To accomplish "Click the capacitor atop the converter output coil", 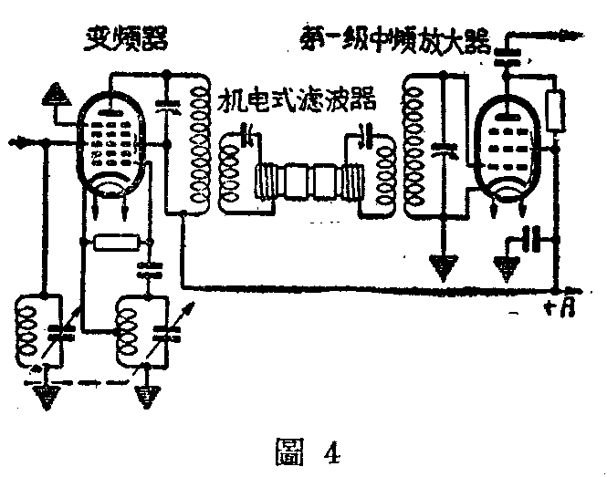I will (x=166, y=105).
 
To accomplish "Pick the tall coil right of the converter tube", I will (x=195, y=146).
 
